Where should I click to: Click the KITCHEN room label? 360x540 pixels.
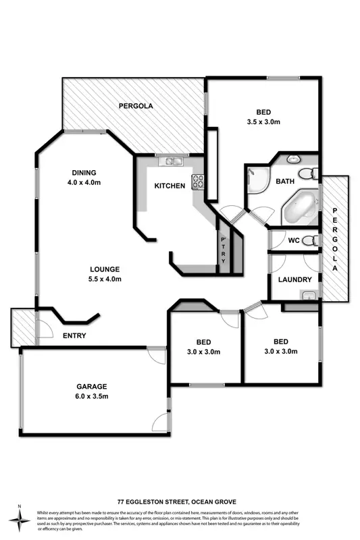tap(169, 186)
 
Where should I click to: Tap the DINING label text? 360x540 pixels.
tap(84, 172)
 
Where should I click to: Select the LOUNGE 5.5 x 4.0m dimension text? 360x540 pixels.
tap(103, 279)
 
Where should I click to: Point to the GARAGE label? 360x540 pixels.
tap(91, 387)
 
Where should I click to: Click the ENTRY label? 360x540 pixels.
tap(74, 335)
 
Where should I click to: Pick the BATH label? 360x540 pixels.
tap(284, 182)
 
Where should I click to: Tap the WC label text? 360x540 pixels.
tap(293, 240)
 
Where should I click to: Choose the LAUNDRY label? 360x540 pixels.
tap(294, 279)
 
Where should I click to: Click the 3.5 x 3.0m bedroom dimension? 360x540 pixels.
tap(263, 122)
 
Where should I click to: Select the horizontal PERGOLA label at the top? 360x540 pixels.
tap(136, 106)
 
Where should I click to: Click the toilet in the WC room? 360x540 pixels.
tap(310, 240)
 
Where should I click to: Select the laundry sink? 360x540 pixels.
tap(309, 294)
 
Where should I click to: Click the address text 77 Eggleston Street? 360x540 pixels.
tap(179, 502)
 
